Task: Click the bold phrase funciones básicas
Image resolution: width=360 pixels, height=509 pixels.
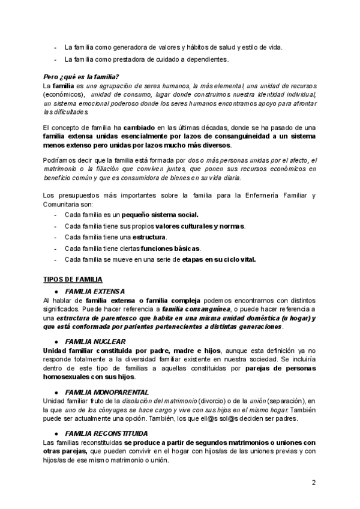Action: (x=172, y=248)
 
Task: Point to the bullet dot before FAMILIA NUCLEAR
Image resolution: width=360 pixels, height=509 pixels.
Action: (x=56, y=341)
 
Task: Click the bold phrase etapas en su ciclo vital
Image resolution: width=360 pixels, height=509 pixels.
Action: (x=219, y=260)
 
